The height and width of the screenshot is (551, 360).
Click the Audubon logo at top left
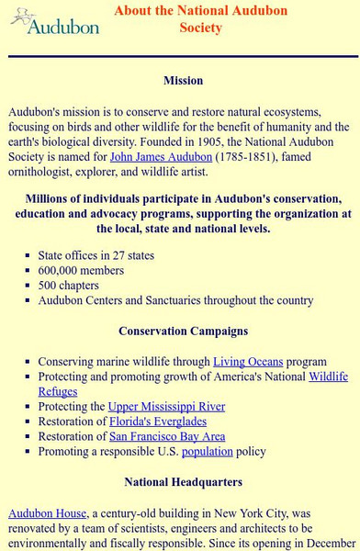[x=55, y=21]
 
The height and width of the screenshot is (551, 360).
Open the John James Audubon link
[x=161, y=157]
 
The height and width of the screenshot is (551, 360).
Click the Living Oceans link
[x=248, y=362]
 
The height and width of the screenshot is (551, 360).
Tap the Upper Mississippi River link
[x=166, y=406]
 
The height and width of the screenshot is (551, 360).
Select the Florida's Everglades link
[x=159, y=422]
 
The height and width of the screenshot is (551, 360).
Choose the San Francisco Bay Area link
[x=166, y=436]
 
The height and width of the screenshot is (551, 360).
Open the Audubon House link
[x=47, y=513]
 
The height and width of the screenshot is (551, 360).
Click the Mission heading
[x=183, y=81]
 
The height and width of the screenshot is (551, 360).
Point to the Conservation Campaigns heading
[x=183, y=331]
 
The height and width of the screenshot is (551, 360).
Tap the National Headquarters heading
[x=183, y=481]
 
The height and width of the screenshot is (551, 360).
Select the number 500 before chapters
[x=48, y=285]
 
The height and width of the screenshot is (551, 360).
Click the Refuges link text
[x=57, y=391]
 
